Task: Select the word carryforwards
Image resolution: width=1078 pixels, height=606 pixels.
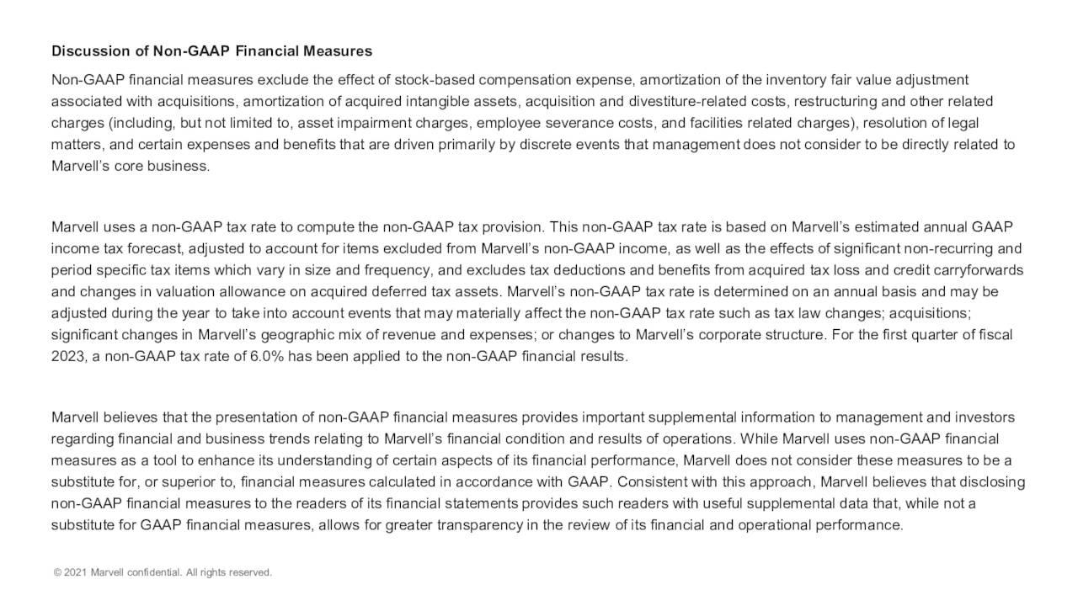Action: pos(975,270)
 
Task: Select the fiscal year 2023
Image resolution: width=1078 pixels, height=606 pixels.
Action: pos(67,356)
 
